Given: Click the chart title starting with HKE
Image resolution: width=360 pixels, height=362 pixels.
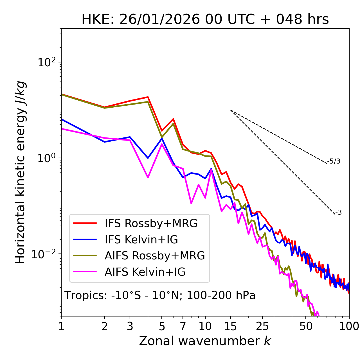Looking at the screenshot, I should click(x=205, y=19).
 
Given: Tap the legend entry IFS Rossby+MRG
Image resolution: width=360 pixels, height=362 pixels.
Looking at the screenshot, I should click(x=151, y=223).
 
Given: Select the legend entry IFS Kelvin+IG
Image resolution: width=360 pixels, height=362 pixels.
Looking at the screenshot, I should click(x=141, y=239).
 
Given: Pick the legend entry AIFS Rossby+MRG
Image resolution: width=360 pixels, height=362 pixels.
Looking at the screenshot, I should click(x=155, y=256).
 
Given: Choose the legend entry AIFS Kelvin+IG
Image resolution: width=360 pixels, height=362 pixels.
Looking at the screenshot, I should click(x=145, y=272).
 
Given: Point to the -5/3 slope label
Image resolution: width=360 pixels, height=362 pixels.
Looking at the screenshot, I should click(x=334, y=161).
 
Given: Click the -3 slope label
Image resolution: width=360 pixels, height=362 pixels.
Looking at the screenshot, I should click(x=338, y=212).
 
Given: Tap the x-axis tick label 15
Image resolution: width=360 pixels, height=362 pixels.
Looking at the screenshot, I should click(x=230, y=326).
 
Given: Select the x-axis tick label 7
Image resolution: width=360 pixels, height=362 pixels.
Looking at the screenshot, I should click(x=183, y=326).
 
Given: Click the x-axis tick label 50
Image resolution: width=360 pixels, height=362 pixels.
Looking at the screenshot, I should click(x=306, y=326).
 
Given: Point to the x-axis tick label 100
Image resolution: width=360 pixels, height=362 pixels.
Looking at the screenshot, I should click(x=349, y=326).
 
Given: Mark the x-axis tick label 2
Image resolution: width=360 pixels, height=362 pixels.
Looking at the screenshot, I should click(x=105, y=326).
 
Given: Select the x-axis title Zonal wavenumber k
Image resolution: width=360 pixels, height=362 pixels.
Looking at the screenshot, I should click(x=205, y=341).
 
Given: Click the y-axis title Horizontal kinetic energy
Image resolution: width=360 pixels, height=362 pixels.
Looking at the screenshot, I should click(x=20, y=172).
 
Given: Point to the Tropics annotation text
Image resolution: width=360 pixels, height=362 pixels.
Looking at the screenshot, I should click(x=160, y=295).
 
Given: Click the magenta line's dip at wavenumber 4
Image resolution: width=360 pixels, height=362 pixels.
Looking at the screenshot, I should click(x=148, y=177).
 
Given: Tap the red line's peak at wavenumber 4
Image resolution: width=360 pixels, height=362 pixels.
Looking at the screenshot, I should click(x=148, y=97).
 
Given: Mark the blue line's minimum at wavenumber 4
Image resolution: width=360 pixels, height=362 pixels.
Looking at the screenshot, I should click(x=148, y=158).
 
